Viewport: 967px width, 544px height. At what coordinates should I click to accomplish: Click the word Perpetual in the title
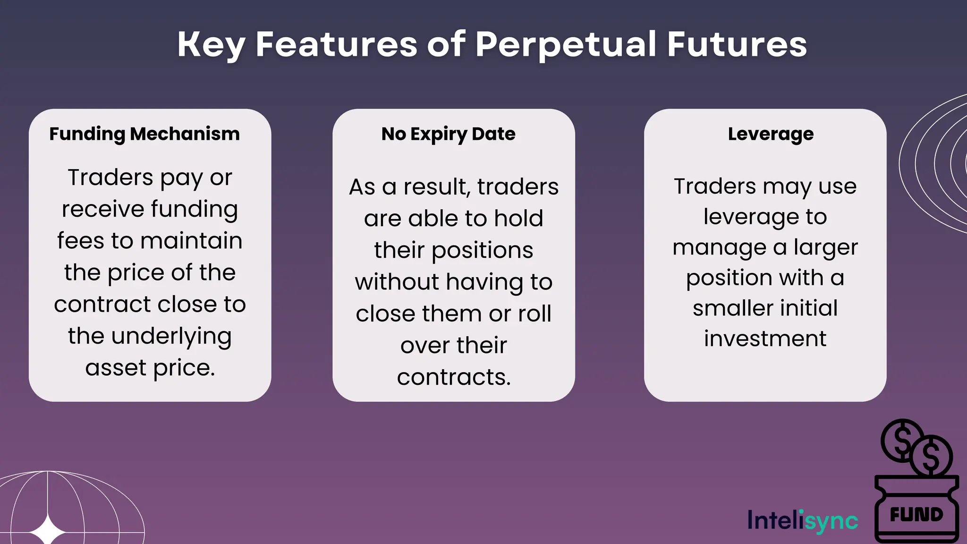point(566,45)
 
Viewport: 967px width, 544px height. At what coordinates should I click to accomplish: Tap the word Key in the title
point(211,45)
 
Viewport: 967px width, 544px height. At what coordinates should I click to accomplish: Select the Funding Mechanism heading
point(144,134)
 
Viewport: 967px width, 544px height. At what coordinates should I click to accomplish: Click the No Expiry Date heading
point(448,134)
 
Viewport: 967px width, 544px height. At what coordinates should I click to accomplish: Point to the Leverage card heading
point(771,134)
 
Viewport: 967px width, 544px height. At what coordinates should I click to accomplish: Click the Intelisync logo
point(803,520)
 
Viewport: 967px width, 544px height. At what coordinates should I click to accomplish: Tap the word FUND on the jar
point(916,514)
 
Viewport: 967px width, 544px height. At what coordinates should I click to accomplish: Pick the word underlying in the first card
point(171,336)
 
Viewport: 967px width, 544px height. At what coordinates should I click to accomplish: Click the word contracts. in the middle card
point(454,377)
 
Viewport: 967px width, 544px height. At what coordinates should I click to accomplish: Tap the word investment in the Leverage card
point(765,339)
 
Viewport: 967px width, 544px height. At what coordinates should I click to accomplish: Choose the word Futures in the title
point(737,45)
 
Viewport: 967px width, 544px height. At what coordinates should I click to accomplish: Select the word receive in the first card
point(102,209)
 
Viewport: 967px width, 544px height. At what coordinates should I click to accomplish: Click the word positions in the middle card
point(482,250)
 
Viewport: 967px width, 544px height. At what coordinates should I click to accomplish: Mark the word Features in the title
point(336,45)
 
